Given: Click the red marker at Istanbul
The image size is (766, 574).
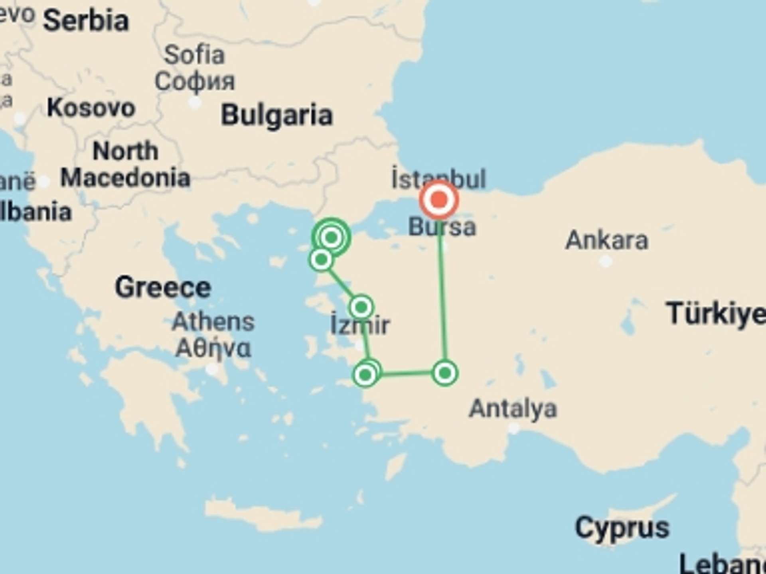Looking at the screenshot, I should pyautogui.click(x=439, y=199).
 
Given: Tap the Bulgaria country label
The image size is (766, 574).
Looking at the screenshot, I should pyautogui.click(x=276, y=115).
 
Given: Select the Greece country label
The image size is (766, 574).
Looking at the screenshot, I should pyautogui.click(x=163, y=287).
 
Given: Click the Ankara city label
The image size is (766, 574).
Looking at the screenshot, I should pyautogui.click(x=606, y=240).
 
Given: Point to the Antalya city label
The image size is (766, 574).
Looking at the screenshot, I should pyautogui.click(x=513, y=409).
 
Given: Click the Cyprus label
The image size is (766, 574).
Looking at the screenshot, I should pyautogui.click(x=622, y=528).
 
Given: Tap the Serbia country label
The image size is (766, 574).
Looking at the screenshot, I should pyautogui.click(x=86, y=21).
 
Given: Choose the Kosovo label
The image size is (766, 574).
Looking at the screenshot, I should pyautogui.click(x=91, y=108).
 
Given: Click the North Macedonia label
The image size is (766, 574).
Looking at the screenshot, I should pyautogui.click(x=125, y=164).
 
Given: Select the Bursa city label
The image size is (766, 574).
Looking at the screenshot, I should pyautogui.click(x=442, y=227).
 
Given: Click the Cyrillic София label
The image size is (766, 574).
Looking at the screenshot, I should pyautogui.click(x=195, y=82).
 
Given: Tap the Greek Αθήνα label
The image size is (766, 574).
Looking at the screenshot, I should pyautogui.click(x=213, y=348).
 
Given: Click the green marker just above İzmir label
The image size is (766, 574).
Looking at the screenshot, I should pyautogui.click(x=361, y=307).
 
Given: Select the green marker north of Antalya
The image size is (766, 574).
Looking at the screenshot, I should pyautogui.click(x=445, y=373).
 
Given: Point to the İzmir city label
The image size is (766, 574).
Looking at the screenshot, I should pyautogui.click(x=360, y=325).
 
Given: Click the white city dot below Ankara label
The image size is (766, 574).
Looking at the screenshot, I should pyautogui.click(x=606, y=261).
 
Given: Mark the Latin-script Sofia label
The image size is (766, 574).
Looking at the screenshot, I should pyautogui.click(x=194, y=55).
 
